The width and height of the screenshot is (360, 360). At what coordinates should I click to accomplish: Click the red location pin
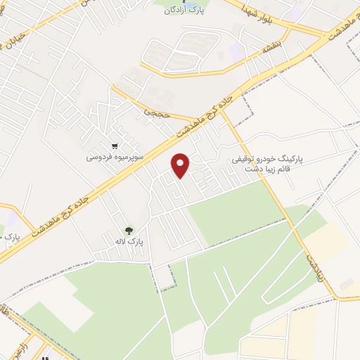pos(181,165)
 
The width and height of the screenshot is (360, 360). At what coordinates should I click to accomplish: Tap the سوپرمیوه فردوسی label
pos(115,157)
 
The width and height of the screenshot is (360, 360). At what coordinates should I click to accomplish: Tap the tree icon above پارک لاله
pos(128,230)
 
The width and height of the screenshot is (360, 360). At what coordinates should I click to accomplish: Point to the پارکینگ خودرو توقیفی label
pos(268,160)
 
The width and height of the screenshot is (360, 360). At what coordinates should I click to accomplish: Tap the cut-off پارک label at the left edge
pos(11,238)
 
